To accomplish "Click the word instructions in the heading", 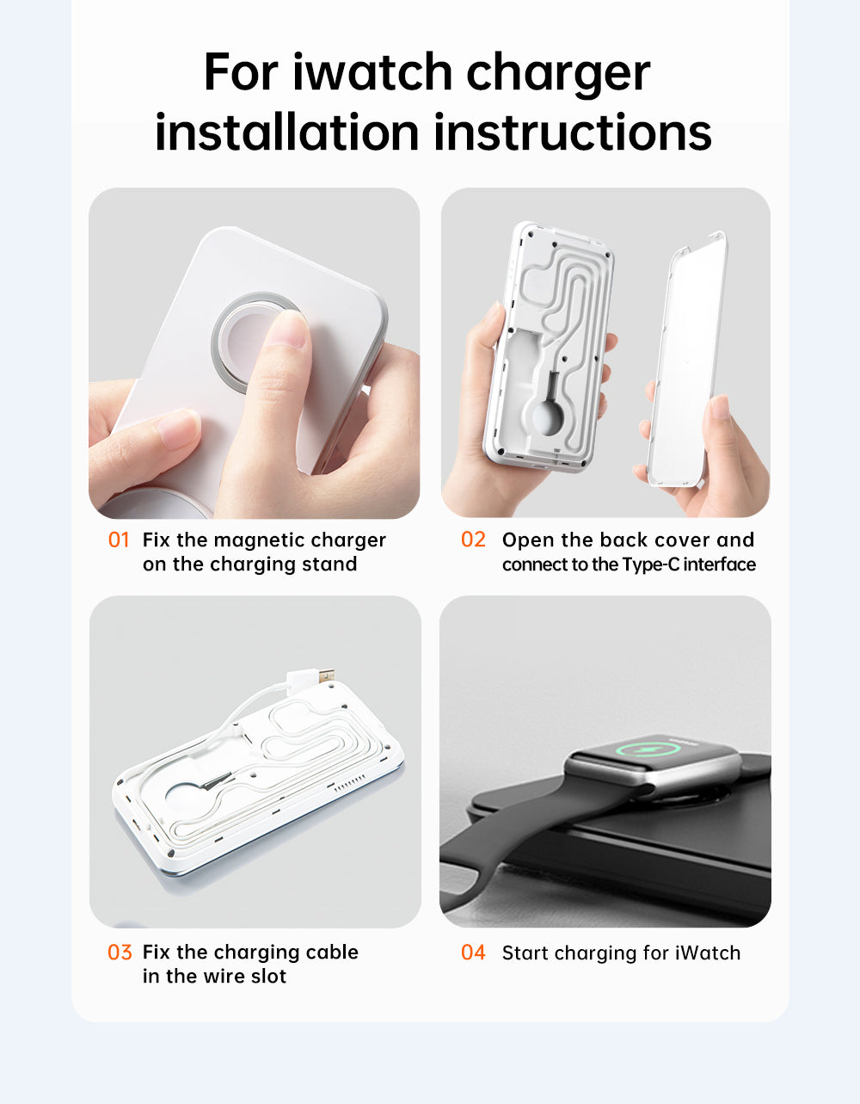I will [572, 133].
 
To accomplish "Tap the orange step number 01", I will [119, 540].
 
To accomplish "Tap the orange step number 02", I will [473, 540].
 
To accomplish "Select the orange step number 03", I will [120, 953].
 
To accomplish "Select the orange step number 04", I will [473, 953].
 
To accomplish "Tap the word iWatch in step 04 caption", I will [707, 953].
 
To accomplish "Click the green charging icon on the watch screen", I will [642, 749].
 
